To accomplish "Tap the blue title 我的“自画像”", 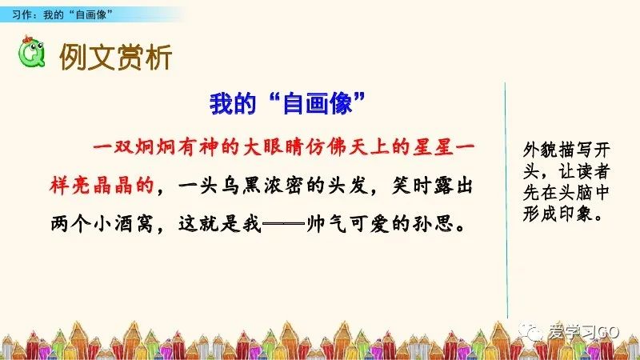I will click(x=286, y=102).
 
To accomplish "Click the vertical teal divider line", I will click(x=506, y=200).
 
